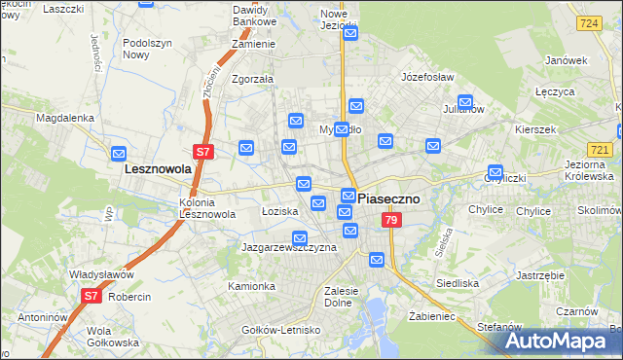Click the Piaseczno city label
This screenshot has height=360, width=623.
[389, 198]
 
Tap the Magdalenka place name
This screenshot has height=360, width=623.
[64, 118]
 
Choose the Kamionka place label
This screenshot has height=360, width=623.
[252, 287]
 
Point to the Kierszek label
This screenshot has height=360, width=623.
[536, 129]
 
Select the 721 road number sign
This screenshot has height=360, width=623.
[600, 150]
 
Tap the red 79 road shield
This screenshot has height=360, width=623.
[390, 221]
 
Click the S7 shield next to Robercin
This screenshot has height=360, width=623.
[91, 296]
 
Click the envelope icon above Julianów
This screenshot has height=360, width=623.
[465, 101]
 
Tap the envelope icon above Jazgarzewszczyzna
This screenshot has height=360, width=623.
[300, 237]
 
